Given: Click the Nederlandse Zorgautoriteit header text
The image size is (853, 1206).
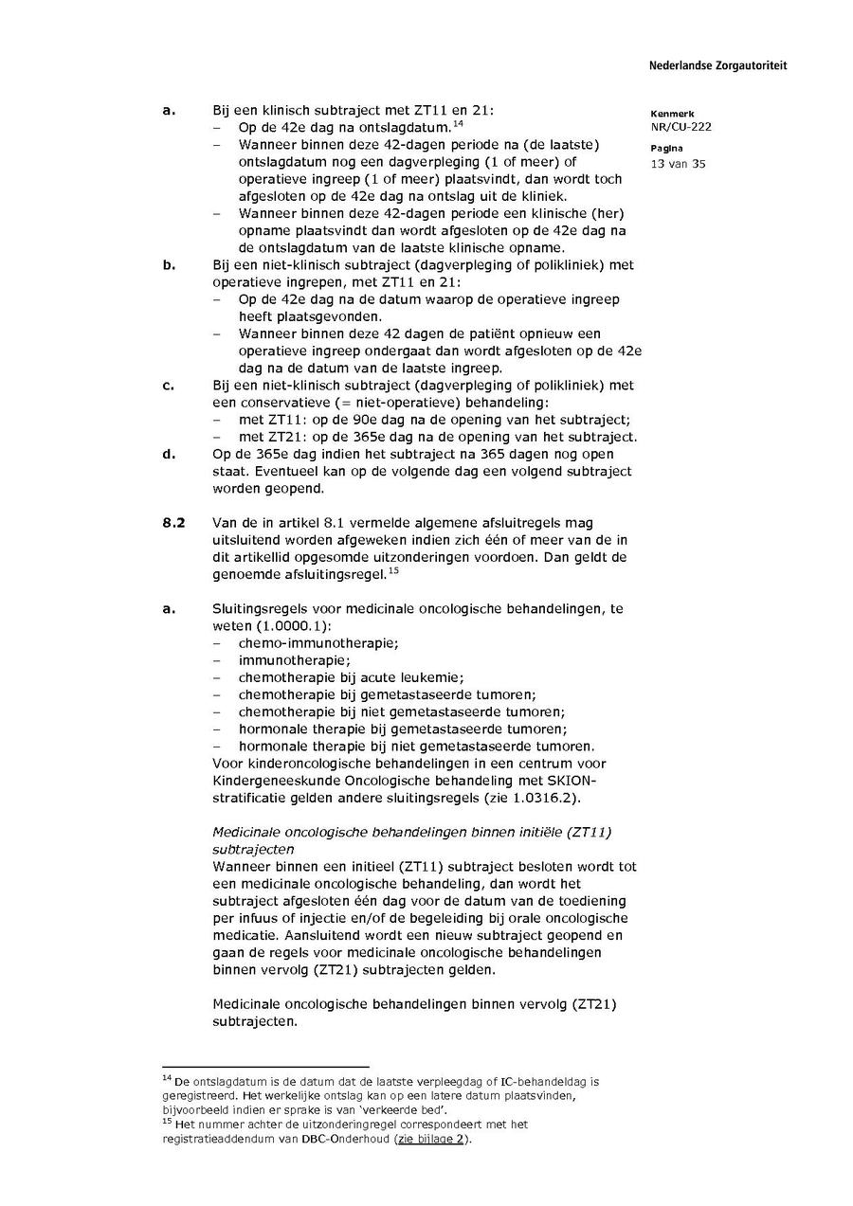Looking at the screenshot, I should [x=717, y=66].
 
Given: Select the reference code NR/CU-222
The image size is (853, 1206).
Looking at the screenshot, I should [x=681, y=127].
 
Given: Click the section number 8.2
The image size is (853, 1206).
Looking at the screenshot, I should [x=172, y=523].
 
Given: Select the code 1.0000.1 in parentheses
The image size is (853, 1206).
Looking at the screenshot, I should [x=294, y=626].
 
